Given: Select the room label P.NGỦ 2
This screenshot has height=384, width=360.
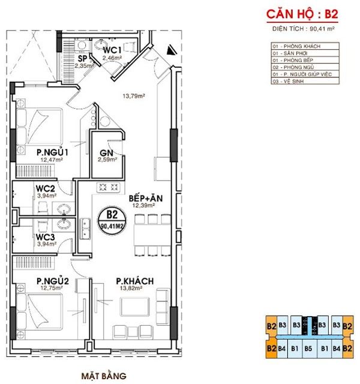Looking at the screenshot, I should click(x=53, y=281).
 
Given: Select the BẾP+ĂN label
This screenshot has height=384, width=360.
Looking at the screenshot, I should click(x=146, y=198).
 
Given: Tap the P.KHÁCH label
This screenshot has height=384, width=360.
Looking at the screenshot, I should click(x=135, y=281).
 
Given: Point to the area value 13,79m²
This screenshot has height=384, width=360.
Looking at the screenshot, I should click(x=133, y=95).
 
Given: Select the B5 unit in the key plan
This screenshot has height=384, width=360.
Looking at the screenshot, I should click(x=308, y=347).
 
